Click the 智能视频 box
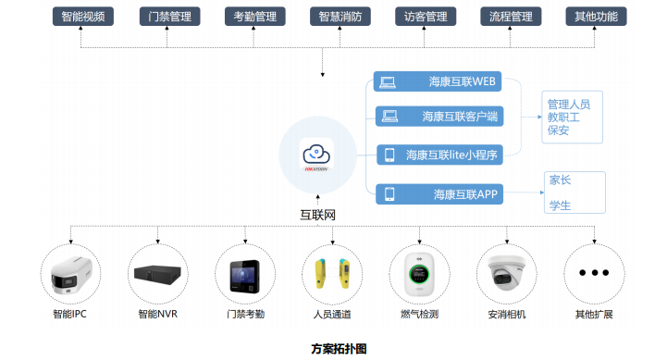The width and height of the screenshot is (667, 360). (x=83, y=17)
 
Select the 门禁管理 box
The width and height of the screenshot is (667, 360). (x=169, y=17)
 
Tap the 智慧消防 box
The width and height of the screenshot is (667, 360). (x=340, y=17)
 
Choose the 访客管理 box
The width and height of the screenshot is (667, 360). (x=426, y=17)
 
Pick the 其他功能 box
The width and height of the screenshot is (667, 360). (x=596, y=17)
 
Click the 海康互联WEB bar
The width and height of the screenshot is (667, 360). (x=438, y=81)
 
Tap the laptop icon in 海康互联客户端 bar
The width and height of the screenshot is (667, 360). (x=389, y=117)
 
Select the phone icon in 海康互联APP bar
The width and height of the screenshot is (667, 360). (x=389, y=194)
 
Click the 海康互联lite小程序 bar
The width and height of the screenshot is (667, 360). (x=439, y=155)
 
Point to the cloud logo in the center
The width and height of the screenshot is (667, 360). (x=316, y=155)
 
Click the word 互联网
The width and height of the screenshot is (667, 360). (x=317, y=215)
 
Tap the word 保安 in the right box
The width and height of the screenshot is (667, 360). (x=558, y=130)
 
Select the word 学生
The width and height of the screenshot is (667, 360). (x=560, y=206)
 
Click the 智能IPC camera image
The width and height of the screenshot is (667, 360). (x=70, y=275)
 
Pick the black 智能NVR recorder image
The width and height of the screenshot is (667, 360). (x=157, y=275)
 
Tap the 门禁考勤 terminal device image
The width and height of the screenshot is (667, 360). (x=244, y=276)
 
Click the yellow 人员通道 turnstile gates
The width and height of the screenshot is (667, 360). (x=332, y=274)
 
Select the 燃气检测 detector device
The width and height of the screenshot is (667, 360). (x=419, y=275)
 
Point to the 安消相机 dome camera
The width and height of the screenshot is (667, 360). (x=507, y=273)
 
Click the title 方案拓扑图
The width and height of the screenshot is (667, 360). (x=339, y=349)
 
